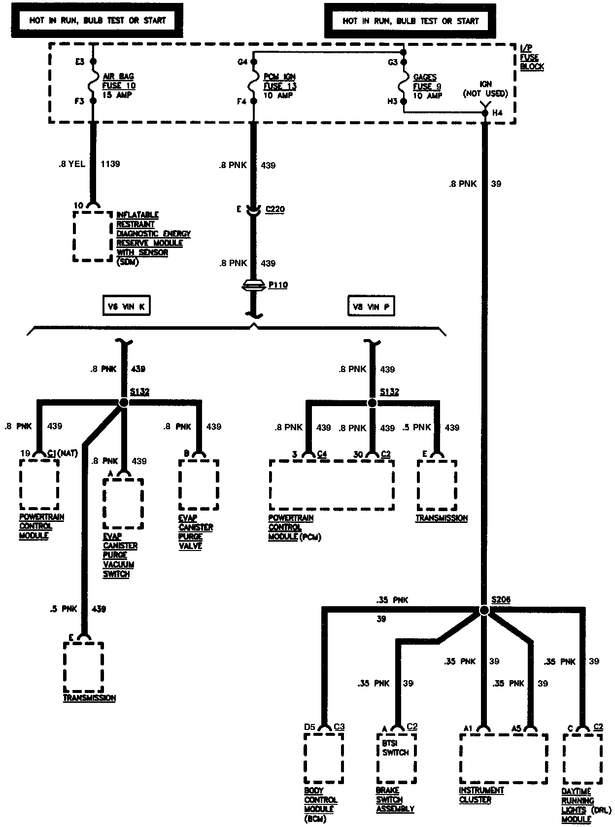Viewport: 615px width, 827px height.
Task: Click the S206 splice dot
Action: tap(484, 610)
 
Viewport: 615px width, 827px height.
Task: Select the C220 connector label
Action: tap(275, 209)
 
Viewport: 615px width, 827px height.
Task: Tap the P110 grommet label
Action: tap(278, 285)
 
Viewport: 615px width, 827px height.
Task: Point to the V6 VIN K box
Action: tap(126, 306)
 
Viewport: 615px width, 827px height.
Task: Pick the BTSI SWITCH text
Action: tap(396, 748)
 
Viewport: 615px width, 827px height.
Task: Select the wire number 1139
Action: tap(110, 164)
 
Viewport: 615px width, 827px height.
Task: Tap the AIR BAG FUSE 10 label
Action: tap(119, 86)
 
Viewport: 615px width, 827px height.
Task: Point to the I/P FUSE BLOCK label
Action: tap(532, 57)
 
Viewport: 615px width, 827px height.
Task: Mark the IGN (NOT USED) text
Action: tap(485, 89)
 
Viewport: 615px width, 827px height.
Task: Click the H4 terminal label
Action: tap(497, 113)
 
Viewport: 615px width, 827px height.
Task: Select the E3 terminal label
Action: tap(80, 62)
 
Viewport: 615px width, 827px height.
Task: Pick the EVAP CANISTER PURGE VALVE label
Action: tap(196, 532)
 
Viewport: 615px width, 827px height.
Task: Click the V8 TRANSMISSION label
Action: tap(442, 518)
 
